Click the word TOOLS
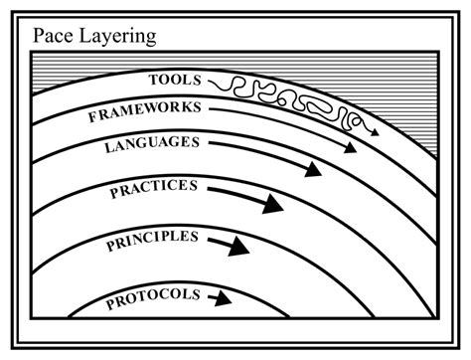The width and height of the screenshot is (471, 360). [177, 78]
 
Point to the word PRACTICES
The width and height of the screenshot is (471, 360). [154, 189]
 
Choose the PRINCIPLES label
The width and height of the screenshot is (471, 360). [152, 240]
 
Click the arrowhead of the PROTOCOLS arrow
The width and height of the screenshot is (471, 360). [227, 297]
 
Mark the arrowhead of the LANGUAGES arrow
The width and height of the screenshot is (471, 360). [313, 169]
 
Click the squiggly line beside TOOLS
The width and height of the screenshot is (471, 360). [278, 95]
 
